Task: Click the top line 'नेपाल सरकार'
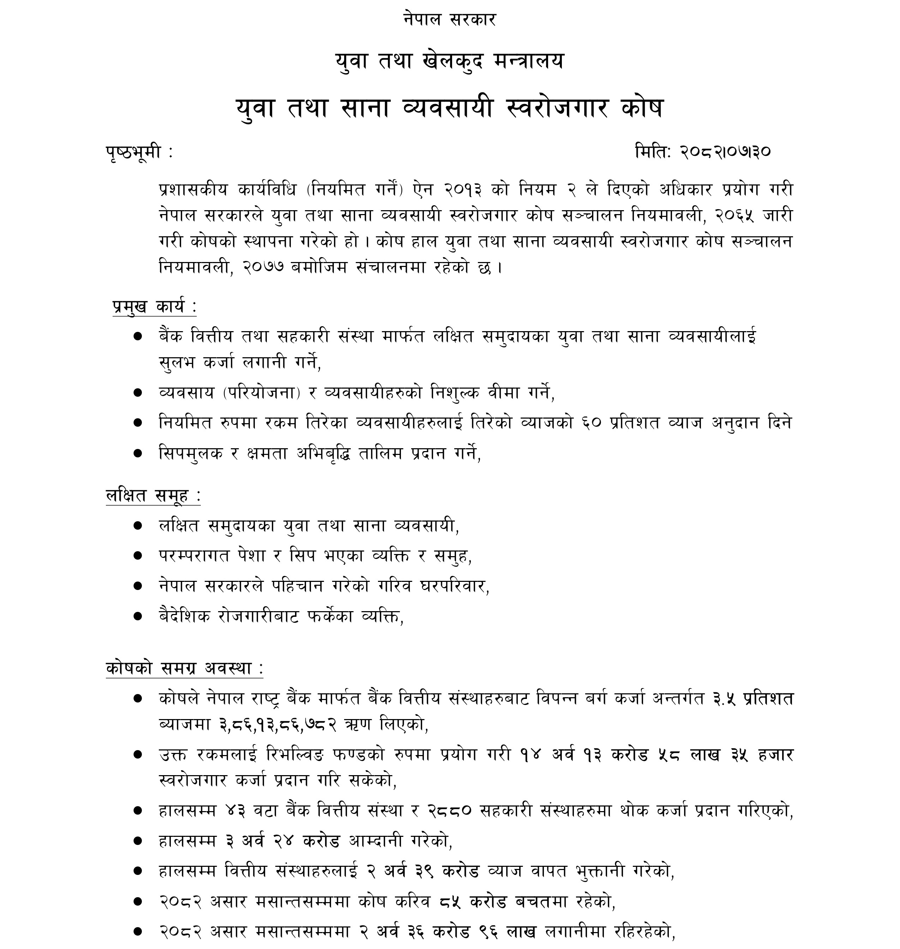[450, 20]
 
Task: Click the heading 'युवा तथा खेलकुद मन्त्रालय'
[450, 61]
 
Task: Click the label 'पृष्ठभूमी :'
[139, 152]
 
